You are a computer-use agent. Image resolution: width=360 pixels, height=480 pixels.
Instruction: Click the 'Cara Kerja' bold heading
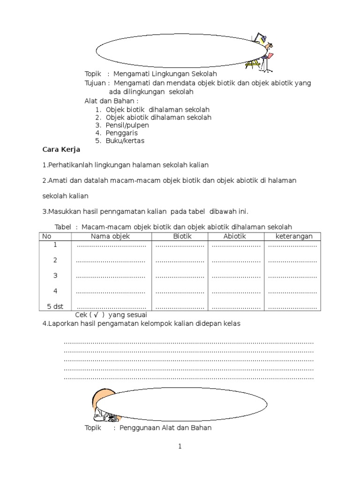coord(61,150)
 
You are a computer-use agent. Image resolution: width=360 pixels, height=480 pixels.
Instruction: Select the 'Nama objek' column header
coord(110,236)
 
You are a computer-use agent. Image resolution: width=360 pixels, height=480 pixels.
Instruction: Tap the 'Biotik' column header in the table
coord(182,236)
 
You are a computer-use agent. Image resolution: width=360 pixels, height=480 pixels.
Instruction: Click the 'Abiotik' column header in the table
coord(234,236)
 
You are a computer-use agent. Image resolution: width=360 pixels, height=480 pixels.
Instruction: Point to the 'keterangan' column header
coord(294,236)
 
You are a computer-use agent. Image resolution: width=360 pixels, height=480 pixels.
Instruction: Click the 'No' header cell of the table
coord(46,236)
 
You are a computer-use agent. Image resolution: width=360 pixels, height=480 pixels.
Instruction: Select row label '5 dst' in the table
coord(55,307)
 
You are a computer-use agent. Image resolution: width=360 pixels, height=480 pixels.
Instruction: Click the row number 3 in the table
coord(55,276)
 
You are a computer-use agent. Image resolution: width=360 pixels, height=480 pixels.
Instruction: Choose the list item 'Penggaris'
coord(121,133)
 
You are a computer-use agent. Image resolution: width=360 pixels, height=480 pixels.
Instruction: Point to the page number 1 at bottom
coord(180,447)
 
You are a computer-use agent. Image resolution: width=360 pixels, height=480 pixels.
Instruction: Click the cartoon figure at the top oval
coord(262,52)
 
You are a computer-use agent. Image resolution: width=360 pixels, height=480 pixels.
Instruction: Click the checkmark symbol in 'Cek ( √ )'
coord(95,315)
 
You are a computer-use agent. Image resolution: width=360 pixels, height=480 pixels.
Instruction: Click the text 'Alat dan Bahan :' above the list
coord(112,101)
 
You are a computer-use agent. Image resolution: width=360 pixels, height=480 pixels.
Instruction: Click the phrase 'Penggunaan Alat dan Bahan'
coord(165,427)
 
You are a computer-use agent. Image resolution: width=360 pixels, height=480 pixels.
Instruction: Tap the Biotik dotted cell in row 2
coord(180,261)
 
